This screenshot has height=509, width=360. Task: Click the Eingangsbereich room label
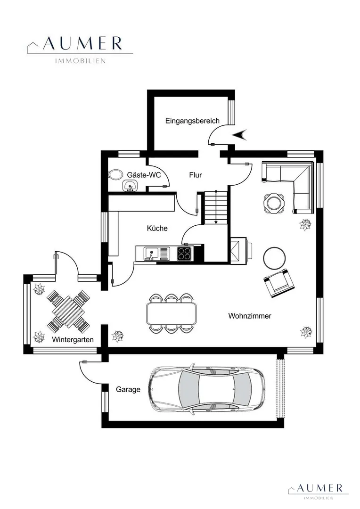[192, 121]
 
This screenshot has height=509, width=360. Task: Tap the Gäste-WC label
[144, 175]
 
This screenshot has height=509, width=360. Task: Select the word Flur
[196, 175]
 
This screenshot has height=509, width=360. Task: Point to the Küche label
[157, 228]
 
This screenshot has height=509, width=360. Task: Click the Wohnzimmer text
[250, 316]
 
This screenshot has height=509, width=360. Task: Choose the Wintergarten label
[73, 340]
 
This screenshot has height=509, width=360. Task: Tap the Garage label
[128, 390]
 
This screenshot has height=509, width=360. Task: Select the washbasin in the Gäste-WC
[130, 186]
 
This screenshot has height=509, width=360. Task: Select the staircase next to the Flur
[215, 207]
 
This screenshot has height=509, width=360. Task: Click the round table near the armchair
[275, 258]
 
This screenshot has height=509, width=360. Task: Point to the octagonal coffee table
[274, 203]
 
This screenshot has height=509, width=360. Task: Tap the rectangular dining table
[172, 313]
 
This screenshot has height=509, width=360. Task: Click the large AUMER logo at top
[80, 49]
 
